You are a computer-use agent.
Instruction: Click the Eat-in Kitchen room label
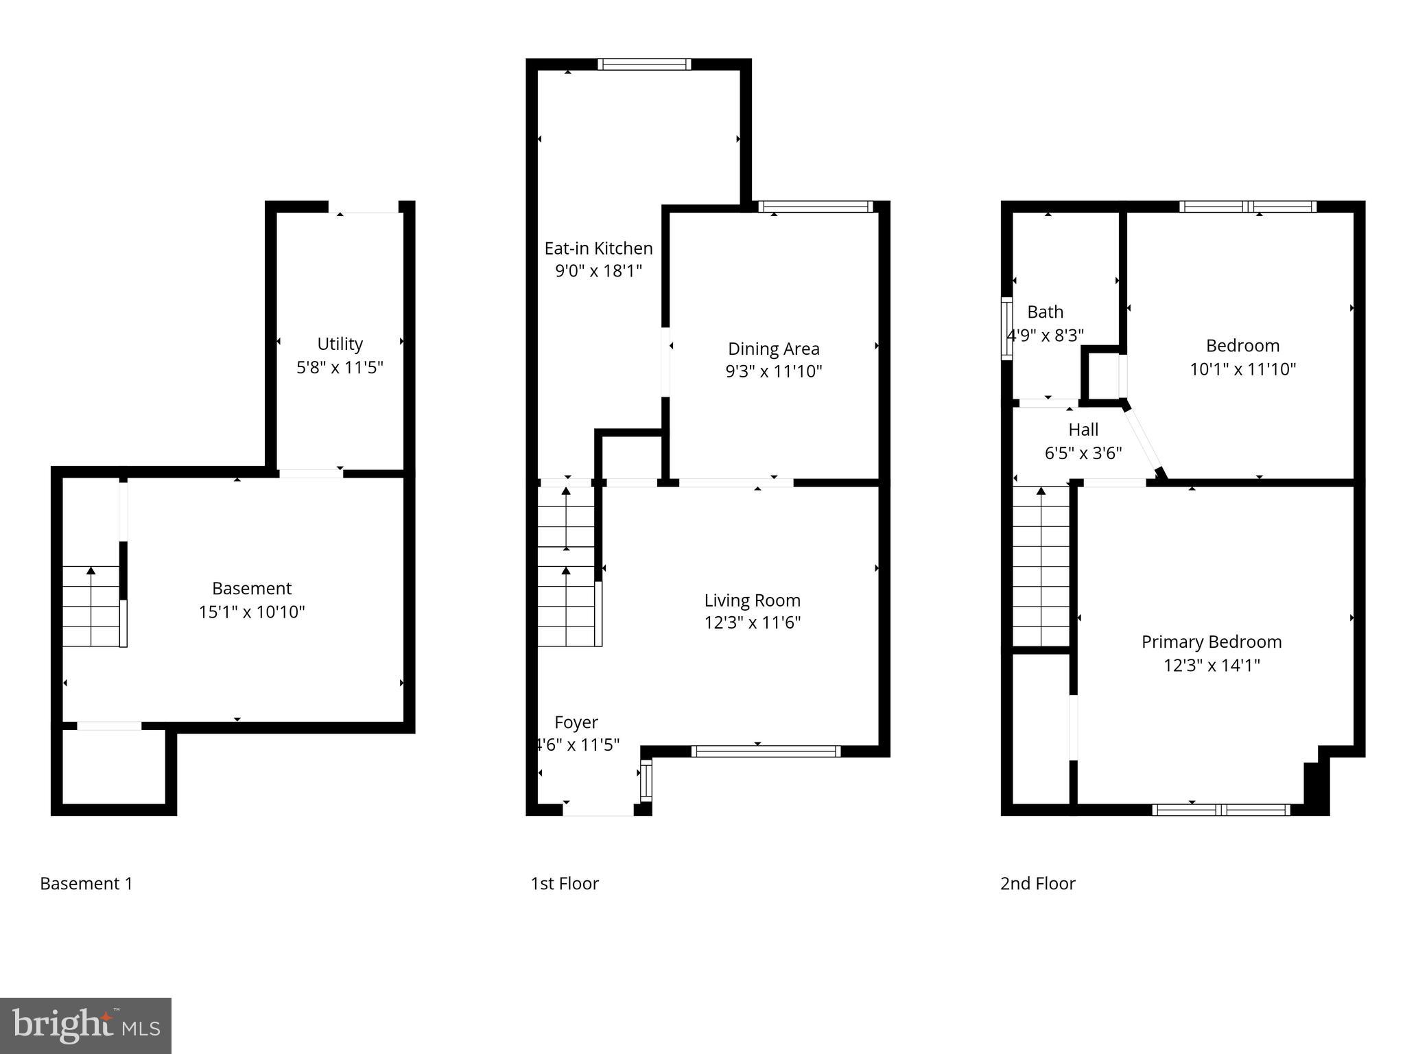(x=598, y=248)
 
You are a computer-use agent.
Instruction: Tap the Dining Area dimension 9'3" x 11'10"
(x=773, y=371)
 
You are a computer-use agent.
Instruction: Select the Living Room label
(x=752, y=600)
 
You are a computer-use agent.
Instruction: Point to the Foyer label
(x=576, y=722)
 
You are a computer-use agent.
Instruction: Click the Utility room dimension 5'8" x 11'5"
(x=340, y=367)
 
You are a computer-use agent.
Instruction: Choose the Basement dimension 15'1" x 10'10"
(x=252, y=611)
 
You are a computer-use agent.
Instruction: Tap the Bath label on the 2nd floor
(x=1045, y=312)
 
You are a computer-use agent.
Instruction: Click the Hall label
(x=1083, y=430)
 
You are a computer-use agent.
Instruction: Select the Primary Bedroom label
(x=1211, y=642)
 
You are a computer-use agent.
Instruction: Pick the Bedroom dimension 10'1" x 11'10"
(x=1242, y=369)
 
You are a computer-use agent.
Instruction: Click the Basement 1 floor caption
(x=86, y=883)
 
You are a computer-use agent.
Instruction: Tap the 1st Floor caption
(x=565, y=883)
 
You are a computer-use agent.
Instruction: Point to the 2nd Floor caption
(x=1037, y=883)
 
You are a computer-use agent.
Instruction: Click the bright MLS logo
(x=86, y=1025)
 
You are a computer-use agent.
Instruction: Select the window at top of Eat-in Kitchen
(x=644, y=65)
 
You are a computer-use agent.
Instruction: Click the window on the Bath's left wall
(x=1006, y=329)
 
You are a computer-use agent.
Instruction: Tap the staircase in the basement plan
(x=91, y=607)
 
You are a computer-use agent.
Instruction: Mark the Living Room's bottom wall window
(x=766, y=751)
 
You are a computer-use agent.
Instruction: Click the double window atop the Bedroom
(x=1248, y=207)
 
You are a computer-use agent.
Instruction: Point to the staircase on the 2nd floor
(x=1041, y=565)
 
